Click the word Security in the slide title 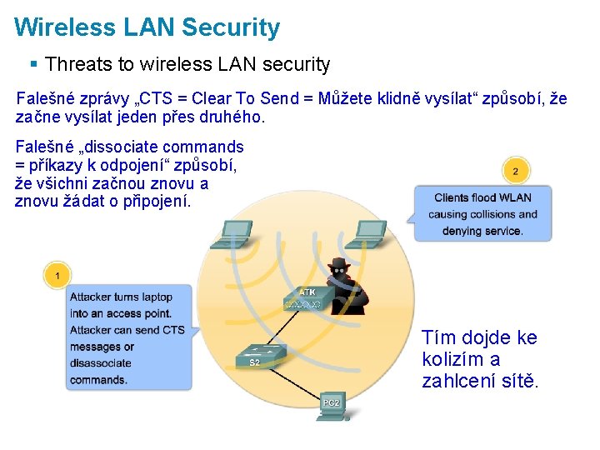coord(231,27)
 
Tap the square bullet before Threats coord(33,64)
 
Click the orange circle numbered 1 coord(57,274)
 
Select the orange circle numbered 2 coord(516,172)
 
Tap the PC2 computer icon coord(332,402)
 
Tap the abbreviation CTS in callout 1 coord(173,330)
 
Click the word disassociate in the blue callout coord(101,363)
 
